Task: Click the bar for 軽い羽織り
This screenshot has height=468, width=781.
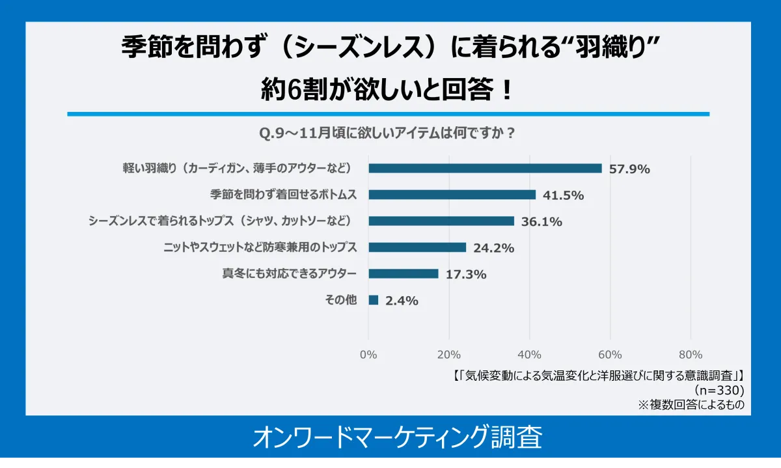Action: [x=485, y=168]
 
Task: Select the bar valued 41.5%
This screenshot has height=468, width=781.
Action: [x=452, y=195]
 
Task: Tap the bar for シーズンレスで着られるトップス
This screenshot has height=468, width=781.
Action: [x=441, y=221]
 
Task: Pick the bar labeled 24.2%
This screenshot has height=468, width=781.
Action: [x=417, y=247]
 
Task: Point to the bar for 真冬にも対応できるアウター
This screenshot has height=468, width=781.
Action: [x=403, y=273]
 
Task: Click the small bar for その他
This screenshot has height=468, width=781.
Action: [x=373, y=300]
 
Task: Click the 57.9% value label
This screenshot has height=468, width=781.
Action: [x=629, y=169]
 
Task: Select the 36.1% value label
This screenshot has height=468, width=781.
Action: [x=541, y=222]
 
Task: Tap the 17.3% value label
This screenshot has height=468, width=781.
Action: [x=466, y=275]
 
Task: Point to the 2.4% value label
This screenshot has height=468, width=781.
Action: [x=402, y=301]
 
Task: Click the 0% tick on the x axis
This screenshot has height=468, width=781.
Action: [x=368, y=355]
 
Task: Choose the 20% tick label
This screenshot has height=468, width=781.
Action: [x=449, y=355]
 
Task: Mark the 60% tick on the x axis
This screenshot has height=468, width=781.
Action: [x=610, y=355]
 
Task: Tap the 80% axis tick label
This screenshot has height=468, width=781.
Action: [x=691, y=355]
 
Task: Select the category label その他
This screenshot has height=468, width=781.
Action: [x=340, y=300]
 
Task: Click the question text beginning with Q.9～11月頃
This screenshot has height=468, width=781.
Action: [x=388, y=133]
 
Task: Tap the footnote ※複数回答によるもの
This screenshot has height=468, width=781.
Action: [x=691, y=404]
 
